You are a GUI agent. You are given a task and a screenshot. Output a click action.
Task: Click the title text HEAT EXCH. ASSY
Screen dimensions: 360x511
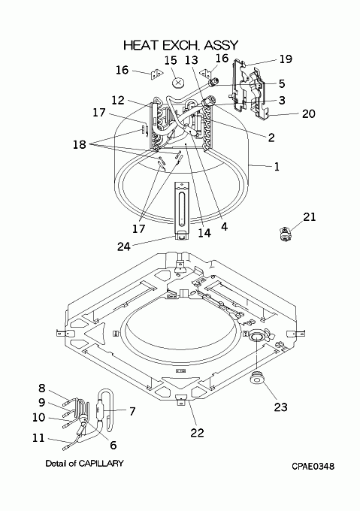point(181,45)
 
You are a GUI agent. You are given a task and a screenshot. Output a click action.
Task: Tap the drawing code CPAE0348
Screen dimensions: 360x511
point(313,467)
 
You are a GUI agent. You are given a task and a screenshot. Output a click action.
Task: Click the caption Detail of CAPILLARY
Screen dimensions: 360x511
point(84,463)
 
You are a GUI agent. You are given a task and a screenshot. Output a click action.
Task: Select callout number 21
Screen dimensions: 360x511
point(310,216)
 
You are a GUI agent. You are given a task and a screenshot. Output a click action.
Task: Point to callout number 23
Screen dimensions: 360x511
point(280,407)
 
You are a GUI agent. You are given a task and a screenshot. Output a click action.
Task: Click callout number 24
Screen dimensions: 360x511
point(124,246)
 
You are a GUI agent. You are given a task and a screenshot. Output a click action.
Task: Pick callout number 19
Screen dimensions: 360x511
point(286,59)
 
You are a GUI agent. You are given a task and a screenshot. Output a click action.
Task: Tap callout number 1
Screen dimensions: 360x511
point(277,167)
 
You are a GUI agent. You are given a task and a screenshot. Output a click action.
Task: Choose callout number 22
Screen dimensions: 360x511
point(197,433)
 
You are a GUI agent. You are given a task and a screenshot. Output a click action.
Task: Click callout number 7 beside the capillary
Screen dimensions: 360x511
point(132,411)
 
